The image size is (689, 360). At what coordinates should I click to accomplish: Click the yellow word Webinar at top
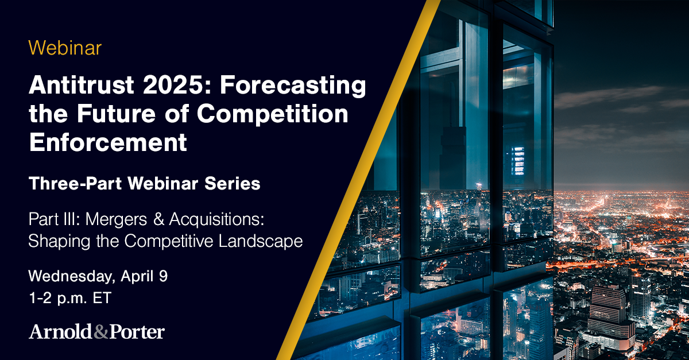[x=65, y=48]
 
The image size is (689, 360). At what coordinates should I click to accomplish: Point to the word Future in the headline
[x=121, y=114]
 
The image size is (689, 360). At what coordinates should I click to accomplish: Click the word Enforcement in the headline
[x=108, y=141]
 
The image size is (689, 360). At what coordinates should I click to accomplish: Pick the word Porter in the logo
[x=136, y=332]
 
